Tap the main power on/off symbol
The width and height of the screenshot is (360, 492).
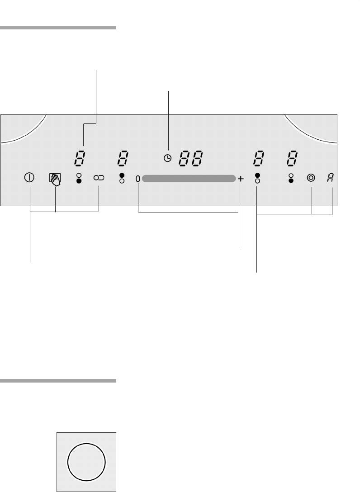[x=29, y=178]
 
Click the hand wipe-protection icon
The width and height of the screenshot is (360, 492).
[x=55, y=179]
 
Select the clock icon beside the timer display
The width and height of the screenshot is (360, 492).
[x=168, y=158]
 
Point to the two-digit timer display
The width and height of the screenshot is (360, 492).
[x=191, y=158]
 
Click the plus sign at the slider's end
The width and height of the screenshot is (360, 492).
[x=241, y=179]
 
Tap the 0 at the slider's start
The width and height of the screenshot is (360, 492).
[x=138, y=179]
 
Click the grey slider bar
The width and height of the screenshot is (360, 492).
[x=189, y=179]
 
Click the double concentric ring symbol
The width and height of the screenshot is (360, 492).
[x=311, y=178]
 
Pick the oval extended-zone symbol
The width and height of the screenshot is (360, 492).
[x=99, y=178]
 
